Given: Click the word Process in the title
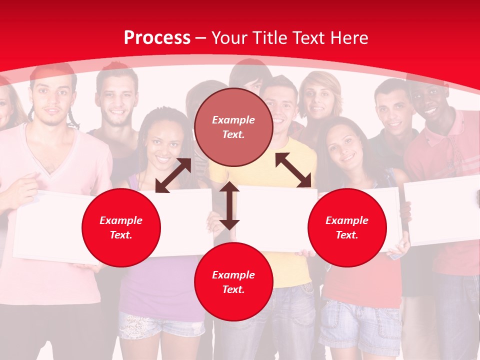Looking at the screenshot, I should click(x=157, y=38).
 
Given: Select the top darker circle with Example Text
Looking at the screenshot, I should click(x=233, y=127).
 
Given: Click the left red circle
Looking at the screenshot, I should click(x=121, y=227).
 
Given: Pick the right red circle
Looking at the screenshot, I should click(x=347, y=227).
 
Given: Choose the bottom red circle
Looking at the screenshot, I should click(x=233, y=281).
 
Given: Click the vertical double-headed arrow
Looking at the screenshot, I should click(x=229, y=205).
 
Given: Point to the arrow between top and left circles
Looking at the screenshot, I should click(x=173, y=175).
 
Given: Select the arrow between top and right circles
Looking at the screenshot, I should click(x=293, y=170).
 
